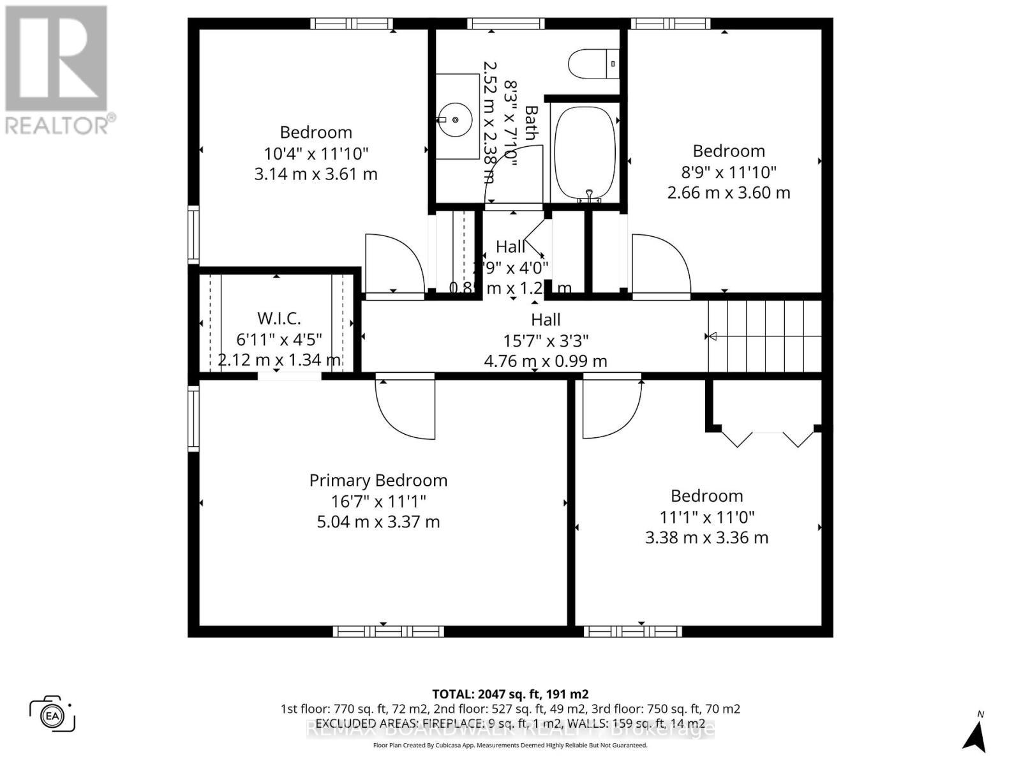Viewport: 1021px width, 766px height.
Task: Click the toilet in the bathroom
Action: point(593,64)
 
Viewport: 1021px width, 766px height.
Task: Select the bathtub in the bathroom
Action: point(585,152)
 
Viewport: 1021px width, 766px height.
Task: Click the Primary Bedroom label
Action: point(378,480)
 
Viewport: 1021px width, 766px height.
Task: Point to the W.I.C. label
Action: point(279,318)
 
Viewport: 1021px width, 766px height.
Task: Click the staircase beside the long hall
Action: point(764,336)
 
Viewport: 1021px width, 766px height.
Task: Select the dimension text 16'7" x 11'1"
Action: point(378,501)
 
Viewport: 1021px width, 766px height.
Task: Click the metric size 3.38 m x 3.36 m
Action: point(706,537)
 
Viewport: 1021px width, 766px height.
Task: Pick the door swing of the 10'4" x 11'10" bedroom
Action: point(393,266)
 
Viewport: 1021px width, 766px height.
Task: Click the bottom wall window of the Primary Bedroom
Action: point(388,631)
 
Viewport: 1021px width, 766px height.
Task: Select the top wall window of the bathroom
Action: point(505,24)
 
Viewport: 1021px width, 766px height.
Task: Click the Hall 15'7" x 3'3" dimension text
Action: point(545,340)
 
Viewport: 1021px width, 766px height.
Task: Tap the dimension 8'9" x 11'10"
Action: point(729,172)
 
